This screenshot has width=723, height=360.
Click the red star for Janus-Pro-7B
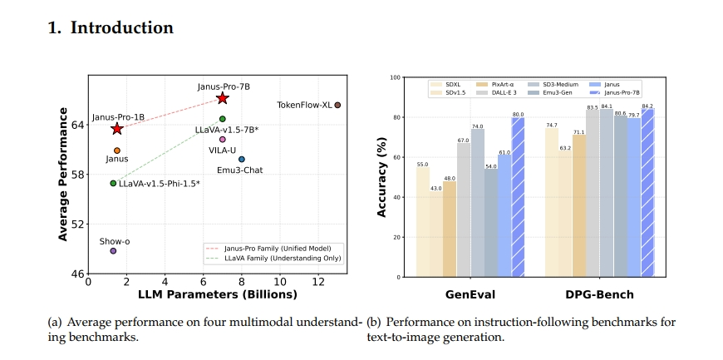click(222, 98)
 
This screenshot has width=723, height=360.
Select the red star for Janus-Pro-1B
click(116, 129)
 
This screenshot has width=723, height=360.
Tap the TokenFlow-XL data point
click(337, 105)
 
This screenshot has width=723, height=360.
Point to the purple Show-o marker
click(113, 250)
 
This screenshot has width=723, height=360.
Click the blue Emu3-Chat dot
click(242, 159)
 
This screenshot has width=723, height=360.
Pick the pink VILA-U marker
click(223, 140)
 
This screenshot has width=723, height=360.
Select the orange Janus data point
click(116, 150)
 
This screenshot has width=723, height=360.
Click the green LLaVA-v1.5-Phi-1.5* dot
click(113, 183)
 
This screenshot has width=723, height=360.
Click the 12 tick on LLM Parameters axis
click(318, 282)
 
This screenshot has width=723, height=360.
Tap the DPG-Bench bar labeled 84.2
click(647, 192)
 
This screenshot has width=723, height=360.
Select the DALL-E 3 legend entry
click(503, 92)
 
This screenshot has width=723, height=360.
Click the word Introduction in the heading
click(121, 27)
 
